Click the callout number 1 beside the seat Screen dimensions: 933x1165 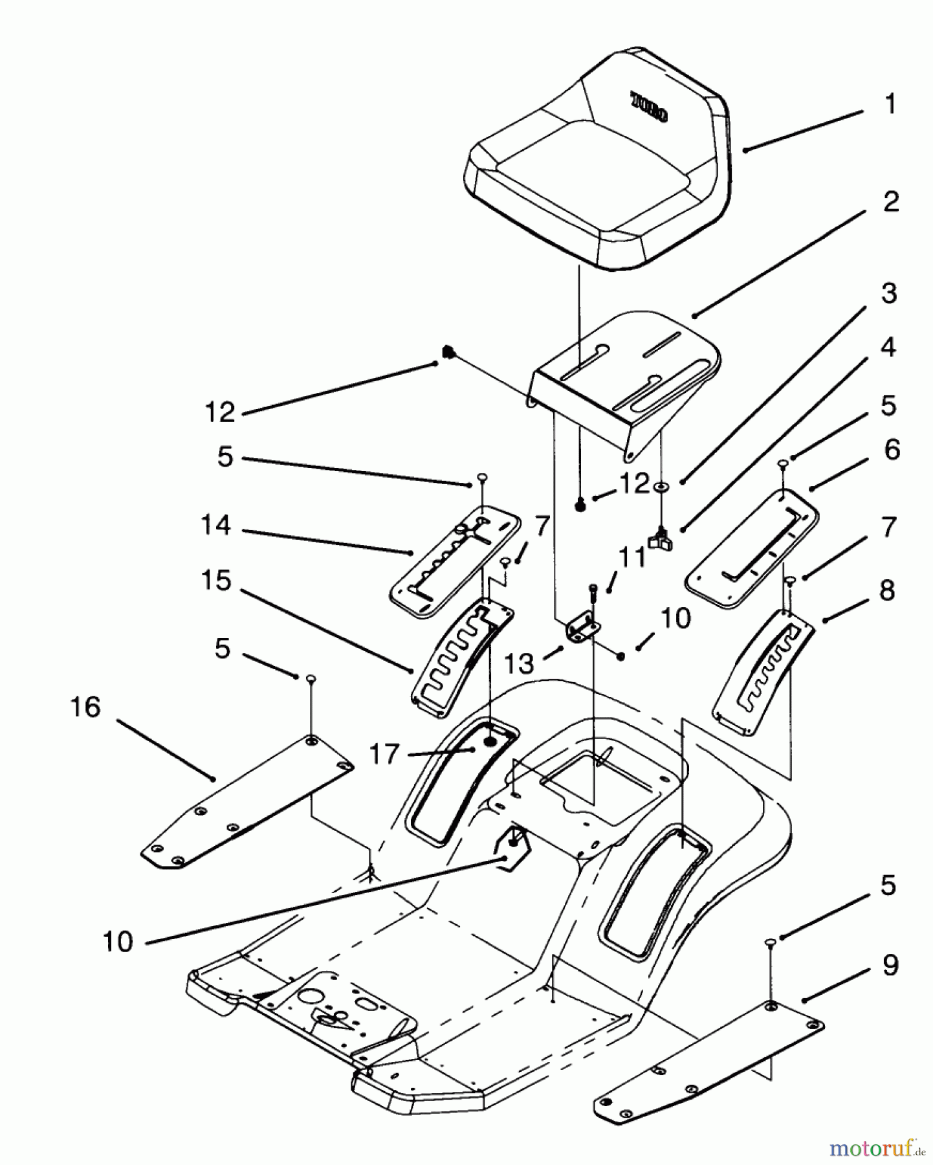point(890,104)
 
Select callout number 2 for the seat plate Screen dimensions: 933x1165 point(891,202)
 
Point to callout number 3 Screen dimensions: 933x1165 point(890,293)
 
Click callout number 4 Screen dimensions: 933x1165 point(889,348)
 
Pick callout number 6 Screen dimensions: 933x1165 point(892,450)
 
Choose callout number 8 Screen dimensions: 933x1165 point(887,590)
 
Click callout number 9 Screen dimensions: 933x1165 point(890,966)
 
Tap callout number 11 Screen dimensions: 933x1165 point(633,557)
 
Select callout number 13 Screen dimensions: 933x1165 point(520,663)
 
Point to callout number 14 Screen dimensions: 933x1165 point(215,525)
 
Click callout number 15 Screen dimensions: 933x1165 point(215,581)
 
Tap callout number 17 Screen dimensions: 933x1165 point(384,755)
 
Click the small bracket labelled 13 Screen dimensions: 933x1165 point(582,628)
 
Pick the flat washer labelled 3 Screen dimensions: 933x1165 point(661,487)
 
